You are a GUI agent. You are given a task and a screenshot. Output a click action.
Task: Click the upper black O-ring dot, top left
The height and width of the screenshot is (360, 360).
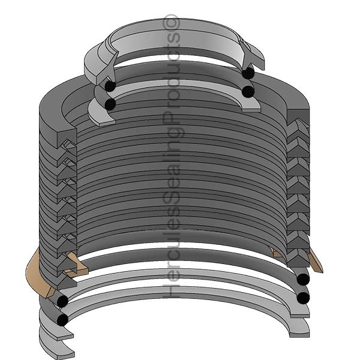tap(110, 86)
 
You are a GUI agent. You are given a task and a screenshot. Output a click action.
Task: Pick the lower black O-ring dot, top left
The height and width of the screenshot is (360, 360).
tap(110, 104)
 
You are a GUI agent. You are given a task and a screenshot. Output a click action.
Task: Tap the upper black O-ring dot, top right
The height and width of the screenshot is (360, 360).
tap(248, 73)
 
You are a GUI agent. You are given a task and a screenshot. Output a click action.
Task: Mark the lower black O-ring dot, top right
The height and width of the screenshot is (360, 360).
tap(248, 91)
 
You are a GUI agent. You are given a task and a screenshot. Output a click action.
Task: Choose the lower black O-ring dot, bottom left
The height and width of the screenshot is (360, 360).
tap(62, 320)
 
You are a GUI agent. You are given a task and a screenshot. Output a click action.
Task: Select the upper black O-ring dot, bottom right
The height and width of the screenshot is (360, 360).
tap(303, 279)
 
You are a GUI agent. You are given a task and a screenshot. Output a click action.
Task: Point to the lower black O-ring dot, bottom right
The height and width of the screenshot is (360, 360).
tap(303, 297)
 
